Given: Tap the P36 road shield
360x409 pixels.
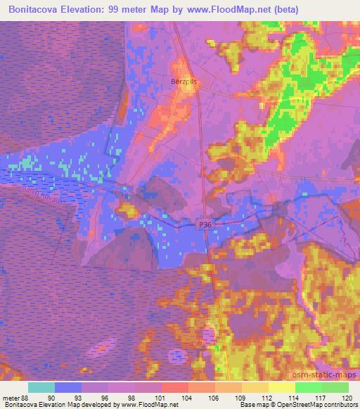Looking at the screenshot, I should [x=204, y=223].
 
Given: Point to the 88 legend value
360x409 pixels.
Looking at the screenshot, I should [x=25, y=397].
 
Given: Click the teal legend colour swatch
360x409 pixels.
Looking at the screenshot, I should [x=42, y=387].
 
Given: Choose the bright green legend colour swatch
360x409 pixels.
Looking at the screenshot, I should [x=309, y=387].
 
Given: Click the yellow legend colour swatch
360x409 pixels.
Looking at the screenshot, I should [x=282, y=387].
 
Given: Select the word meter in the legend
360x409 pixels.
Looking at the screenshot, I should [x=11, y=397].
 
